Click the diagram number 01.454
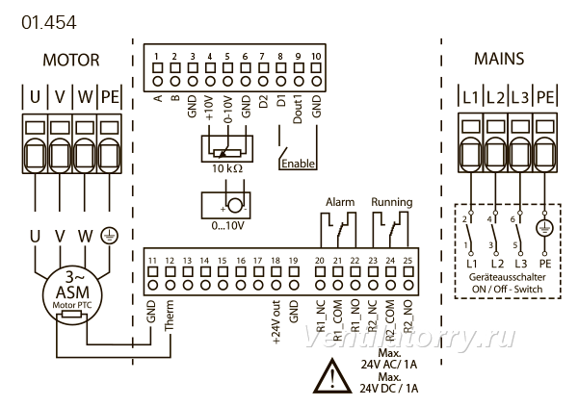pyautogui.click(x=49, y=22)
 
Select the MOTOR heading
pyautogui.click(x=71, y=60)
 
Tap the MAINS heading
pyautogui.click(x=499, y=59)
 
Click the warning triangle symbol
pyautogui.click(x=332, y=376)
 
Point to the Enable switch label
pyautogui.click(x=299, y=164)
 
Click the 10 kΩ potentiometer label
pyautogui.click(x=227, y=168)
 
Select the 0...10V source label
pyautogui.click(x=227, y=225)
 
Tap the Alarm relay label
pyautogui.click(x=340, y=202)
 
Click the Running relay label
pyautogui.click(x=391, y=202)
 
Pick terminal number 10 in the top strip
pyautogui.click(x=316, y=57)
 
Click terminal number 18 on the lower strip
pyautogui.click(x=276, y=261)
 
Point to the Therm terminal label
pyautogui.click(x=170, y=315)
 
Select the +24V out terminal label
pyautogui.click(x=276, y=322)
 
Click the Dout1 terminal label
pyautogui.click(x=298, y=110)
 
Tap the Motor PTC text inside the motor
pyautogui.click(x=72, y=305)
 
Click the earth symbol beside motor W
pyautogui.click(x=110, y=236)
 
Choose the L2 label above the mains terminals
pyautogui.click(x=495, y=97)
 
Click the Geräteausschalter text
pyautogui.click(x=507, y=277)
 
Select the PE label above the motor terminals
pyautogui.click(x=110, y=97)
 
